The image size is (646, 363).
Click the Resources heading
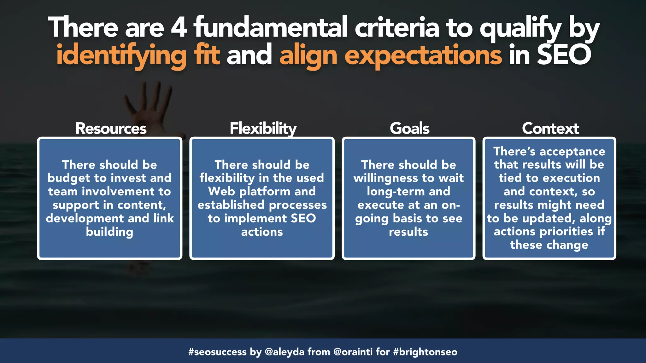click(111, 129)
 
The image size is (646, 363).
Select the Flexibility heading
click(263, 129)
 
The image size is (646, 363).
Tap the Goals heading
click(409, 129)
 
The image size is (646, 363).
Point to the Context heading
click(550, 129)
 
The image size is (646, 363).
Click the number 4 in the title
click(179, 28)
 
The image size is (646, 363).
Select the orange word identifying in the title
click(121, 55)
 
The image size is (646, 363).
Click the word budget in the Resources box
click(69, 178)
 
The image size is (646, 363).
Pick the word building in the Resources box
click(109, 232)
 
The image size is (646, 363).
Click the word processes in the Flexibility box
click(298, 205)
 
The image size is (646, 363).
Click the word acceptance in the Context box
click(572, 152)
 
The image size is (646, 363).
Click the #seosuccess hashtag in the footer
click(217, 352)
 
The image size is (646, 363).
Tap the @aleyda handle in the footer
click(285, 352)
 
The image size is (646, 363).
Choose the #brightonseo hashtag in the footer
click(425, 352)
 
